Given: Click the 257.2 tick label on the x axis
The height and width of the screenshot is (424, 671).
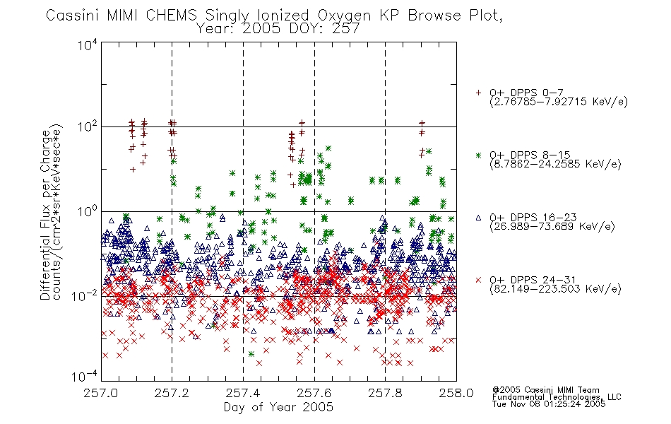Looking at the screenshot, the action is pyautogui.click(x=172, y=393).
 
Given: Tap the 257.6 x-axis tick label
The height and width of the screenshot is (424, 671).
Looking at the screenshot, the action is pyautogui.click(x=314, y=393).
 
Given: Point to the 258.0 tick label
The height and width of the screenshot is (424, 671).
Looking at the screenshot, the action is pyautogui.click(x=456, y=393).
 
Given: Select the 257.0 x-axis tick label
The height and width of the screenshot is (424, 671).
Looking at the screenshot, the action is pyautogui.click(x=101, y=393).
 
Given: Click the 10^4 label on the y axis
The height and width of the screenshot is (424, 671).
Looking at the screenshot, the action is pyautogui.click(x=88, y=45).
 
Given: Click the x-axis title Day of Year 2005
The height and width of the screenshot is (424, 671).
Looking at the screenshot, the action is pyautogui.click(x=278, y=407).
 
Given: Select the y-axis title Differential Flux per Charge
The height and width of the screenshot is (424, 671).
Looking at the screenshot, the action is pyautogui.click(x=45, y=215).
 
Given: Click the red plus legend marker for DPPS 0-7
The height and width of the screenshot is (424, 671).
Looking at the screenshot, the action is pyautogui.click(x=478, y=93).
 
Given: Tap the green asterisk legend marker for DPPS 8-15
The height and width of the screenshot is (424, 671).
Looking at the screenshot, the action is pyautogui.click(x=478, y=155).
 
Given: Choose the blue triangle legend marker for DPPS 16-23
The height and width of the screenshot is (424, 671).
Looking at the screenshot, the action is pyautogui.click(x=478, y=218).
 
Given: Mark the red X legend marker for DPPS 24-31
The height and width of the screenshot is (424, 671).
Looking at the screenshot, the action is pyautogui.click(x=478, y=280).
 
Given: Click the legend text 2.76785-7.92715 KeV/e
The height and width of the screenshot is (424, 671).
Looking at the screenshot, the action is pyautogui.click(x=559, y=102).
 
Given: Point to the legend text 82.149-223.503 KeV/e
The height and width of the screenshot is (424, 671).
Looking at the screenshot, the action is pyautogui.click(x=555, y=289).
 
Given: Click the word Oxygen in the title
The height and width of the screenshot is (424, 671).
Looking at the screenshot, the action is pyautogui.click(x=344, y=16).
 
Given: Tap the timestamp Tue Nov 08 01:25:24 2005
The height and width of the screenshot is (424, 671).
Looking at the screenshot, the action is pyautogui.click(x=549, y=404).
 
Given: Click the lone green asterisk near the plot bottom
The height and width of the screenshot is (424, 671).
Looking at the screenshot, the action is pyautogui.click(x=251, y=354).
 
